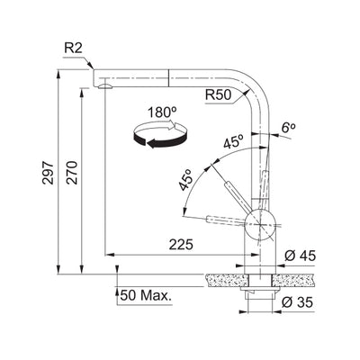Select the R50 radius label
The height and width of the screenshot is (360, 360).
pos(219,92)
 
